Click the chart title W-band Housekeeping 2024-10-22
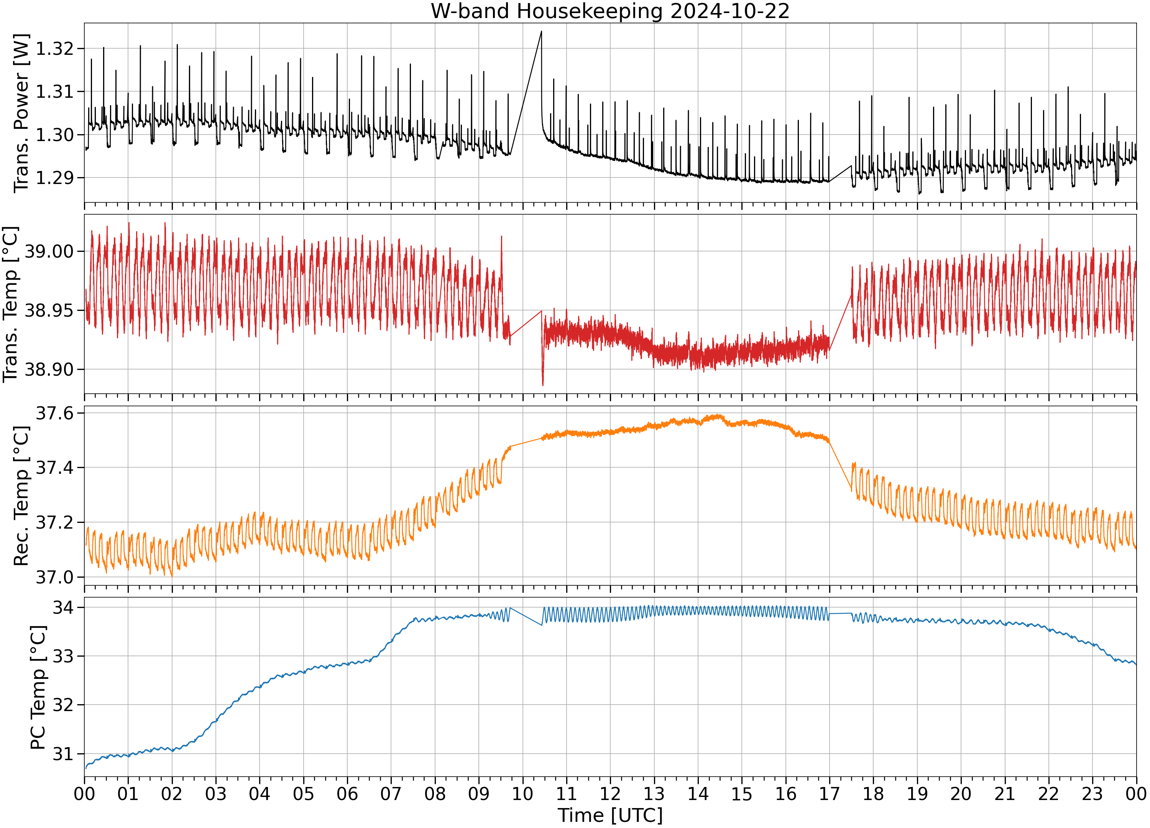tap(610, 11)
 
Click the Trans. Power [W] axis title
tap(21, 113)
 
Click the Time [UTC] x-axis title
tap(610, 815)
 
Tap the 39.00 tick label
tap(49, 251)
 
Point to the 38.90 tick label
tap(49, 370)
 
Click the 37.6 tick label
tap(55, 414)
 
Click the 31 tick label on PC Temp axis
tap(63, 754)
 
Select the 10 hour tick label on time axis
tap(523, 793)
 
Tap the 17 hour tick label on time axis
tap(830, 793)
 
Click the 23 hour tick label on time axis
tap(1093, 793)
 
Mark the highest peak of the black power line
tap(542, 31)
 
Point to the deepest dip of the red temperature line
tap(543, 385)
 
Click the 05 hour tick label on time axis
tap(303, 793)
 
